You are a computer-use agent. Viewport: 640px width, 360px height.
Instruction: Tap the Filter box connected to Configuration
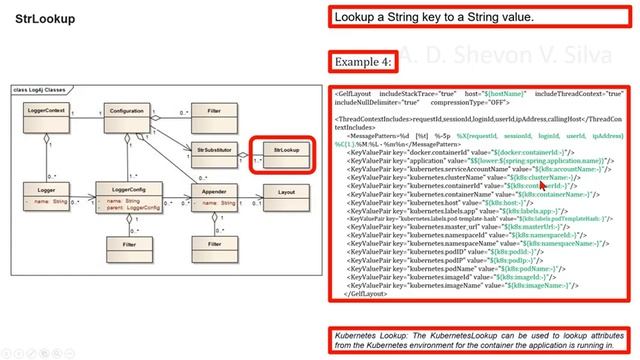pos(207,112)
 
